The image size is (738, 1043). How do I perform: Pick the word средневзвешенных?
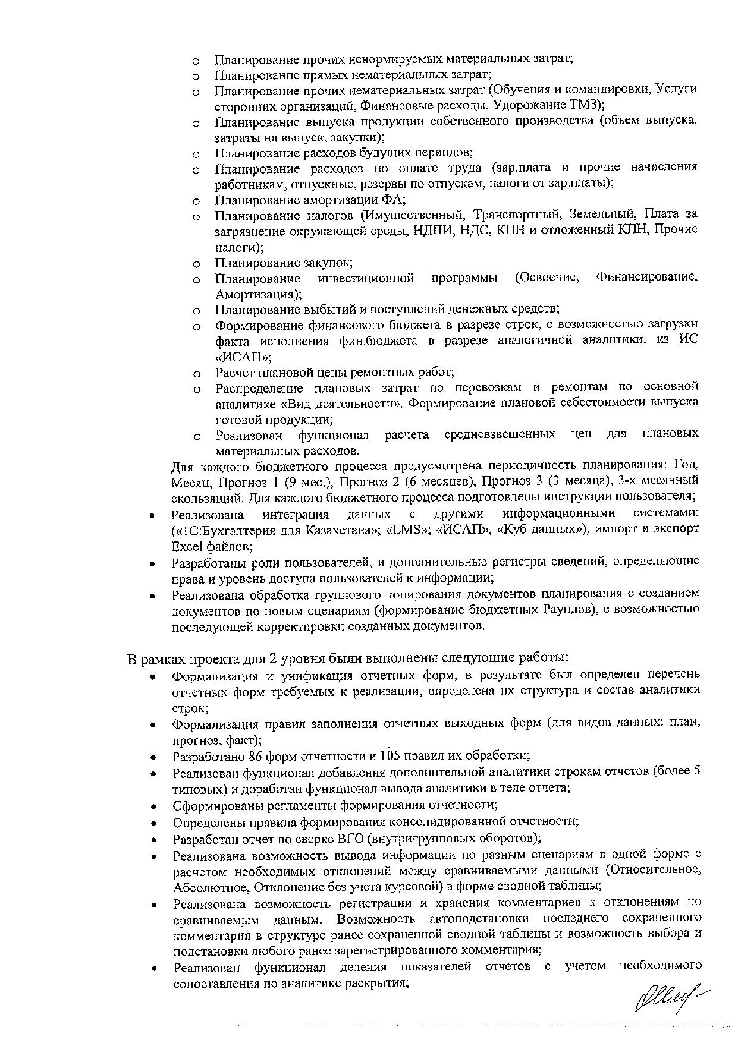(500, 434)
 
